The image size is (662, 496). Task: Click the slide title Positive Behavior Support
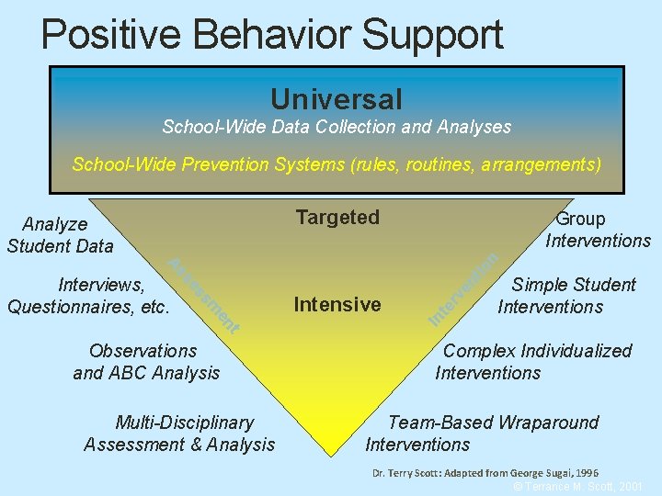click(272, 34)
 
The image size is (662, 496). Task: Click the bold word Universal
click(336, 98)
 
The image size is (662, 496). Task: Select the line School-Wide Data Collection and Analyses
click(336, 127)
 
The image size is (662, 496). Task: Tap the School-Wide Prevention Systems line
click(337, 165)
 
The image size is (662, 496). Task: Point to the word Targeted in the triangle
click(337, 218)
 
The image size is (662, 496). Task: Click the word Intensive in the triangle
click(337, 305)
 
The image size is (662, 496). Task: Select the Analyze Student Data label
click(59, 234)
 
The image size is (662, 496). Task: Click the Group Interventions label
click(598, 230)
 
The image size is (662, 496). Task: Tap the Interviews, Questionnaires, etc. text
click(89, 296)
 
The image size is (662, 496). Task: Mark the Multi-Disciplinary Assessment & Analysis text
click(179, 434)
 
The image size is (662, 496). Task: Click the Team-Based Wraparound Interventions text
click(482, 434)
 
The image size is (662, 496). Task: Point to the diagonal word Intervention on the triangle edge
click(465, 288)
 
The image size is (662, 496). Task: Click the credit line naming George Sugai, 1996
click(485, 473)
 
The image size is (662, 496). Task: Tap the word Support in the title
click(432, 34)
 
